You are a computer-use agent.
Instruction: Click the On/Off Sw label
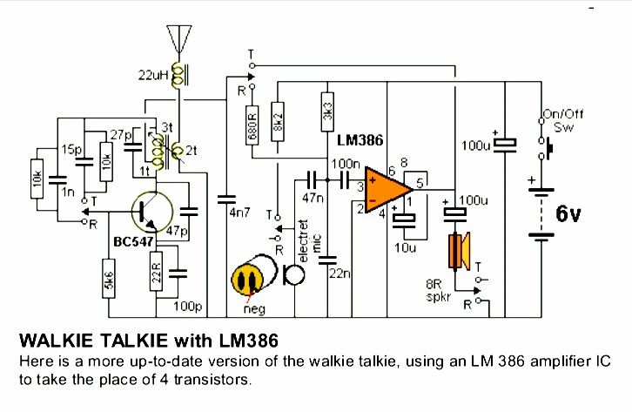point(557,119)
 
